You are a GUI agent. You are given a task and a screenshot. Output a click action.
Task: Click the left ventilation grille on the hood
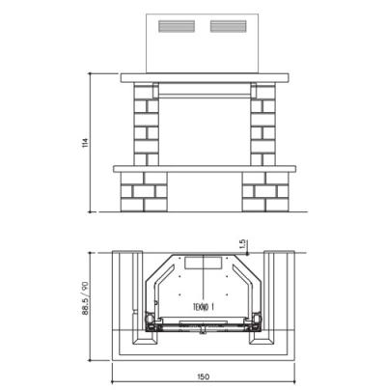pos(177,26)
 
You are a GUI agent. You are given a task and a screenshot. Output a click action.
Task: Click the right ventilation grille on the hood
pos(229,26)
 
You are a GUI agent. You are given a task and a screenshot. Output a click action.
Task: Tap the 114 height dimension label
pos(85,143)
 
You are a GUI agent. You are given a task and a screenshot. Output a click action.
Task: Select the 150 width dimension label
pos(204,376)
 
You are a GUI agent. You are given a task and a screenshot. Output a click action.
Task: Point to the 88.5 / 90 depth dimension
pos(85,298)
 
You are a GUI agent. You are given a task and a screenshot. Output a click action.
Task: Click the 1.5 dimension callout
pos(242,244)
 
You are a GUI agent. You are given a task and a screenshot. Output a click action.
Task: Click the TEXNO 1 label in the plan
pos(204,307)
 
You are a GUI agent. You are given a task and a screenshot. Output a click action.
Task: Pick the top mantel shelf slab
pos(205,78)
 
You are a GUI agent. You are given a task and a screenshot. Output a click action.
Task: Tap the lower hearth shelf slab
pos(205,169)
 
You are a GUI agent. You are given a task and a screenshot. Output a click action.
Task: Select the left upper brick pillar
pos(147,125)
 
